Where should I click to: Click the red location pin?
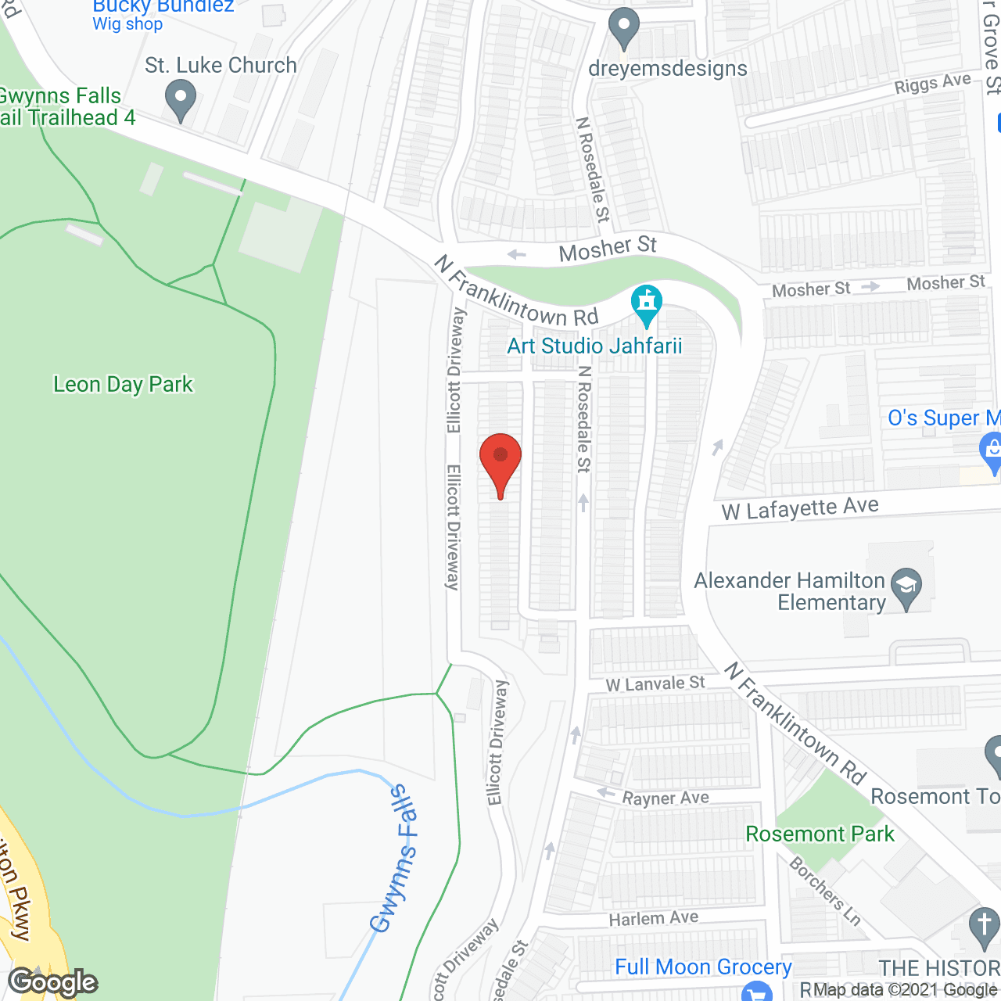pos(500,461)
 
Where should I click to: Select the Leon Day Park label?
pos(123,385)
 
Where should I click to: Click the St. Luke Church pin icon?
pos(181,99)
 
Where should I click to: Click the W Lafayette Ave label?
pos(800,509)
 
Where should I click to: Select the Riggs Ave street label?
pos(933,84)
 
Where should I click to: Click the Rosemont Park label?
pos(820,834)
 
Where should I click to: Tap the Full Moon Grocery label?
pos(703,967)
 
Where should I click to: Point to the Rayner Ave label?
pos(666,798)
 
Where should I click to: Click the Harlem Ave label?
pos(654,918)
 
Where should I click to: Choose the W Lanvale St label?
pos(655,684)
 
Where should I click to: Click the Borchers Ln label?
pos(825,892)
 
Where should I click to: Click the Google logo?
pos(53,982)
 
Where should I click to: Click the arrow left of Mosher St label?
pos(517,254)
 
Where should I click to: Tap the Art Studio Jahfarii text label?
pos(594,346)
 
